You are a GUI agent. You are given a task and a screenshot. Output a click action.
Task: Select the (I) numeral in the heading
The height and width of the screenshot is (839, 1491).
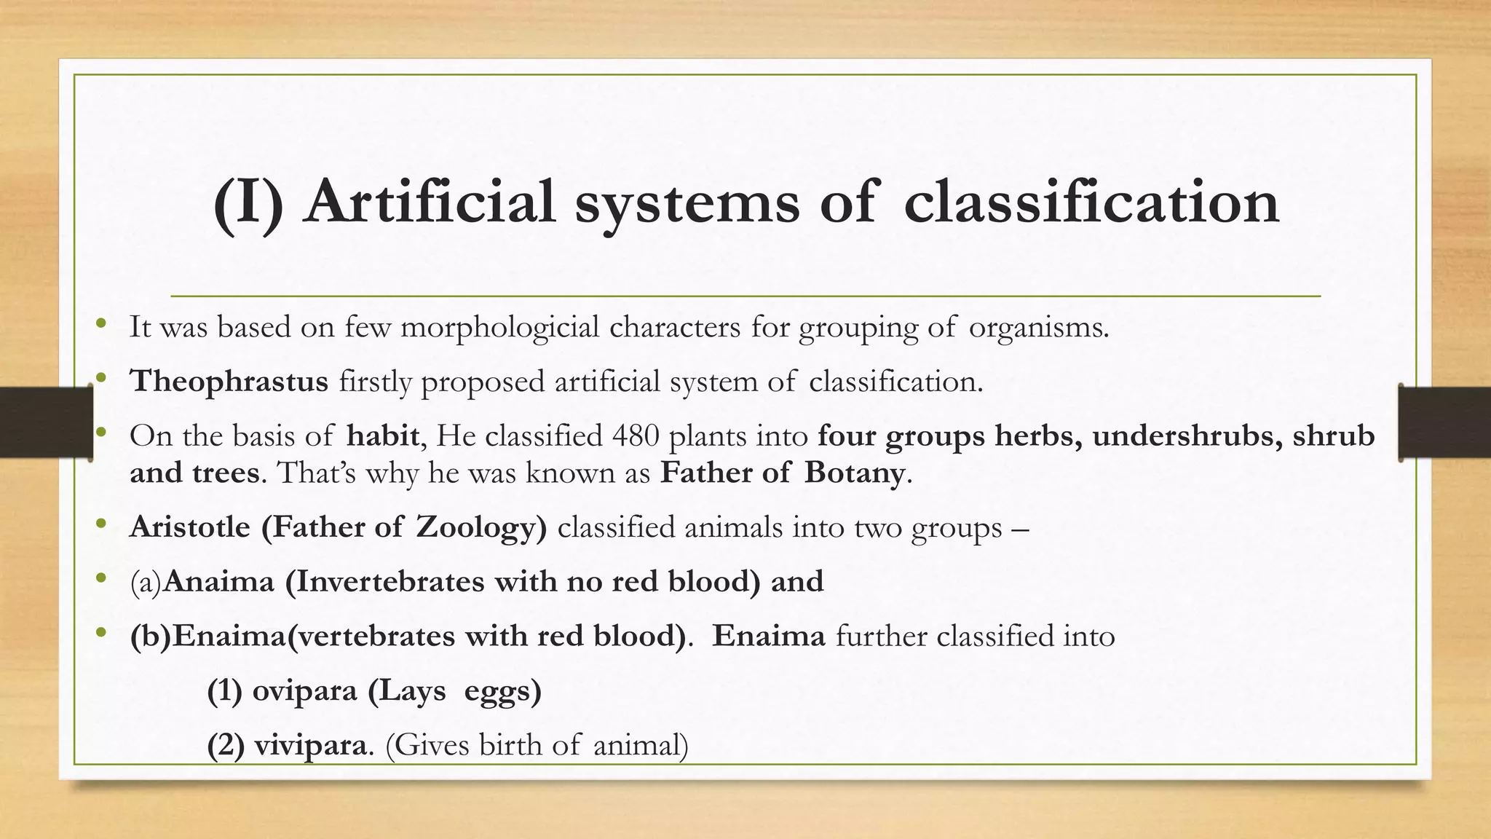pyautogui.click(x=248, y=203)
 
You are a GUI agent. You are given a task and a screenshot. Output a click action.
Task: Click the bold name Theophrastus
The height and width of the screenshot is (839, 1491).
pyautogui.click(x=229, y=382)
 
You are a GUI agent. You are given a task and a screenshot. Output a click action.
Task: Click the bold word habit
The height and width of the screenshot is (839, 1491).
pyautogui.click(x=382, y=436)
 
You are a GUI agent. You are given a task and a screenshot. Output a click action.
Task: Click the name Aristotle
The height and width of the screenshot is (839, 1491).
pyautogui.click(x=190, y=527)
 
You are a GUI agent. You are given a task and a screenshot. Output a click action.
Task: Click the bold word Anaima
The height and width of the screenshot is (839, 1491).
pyautogui.click(x=219, y=582)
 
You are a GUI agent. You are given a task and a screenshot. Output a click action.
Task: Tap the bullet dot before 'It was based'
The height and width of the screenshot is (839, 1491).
pyautogui.click(x=100, y=323)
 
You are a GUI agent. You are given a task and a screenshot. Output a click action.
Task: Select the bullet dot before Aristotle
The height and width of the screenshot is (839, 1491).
pyautogui.click(x=100, y=523)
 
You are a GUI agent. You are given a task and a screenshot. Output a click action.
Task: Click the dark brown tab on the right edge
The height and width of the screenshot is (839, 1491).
pyautogui.click(x=1444, y=422)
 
